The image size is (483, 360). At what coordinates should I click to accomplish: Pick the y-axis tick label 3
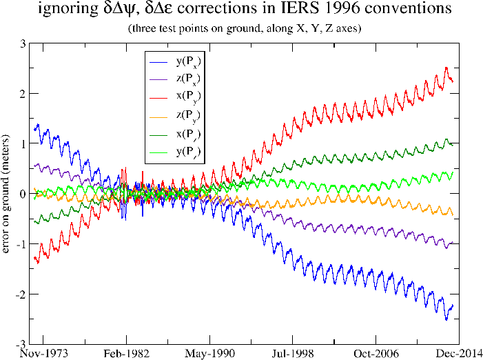(23, 43)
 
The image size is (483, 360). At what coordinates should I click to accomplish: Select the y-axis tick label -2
(21, 294)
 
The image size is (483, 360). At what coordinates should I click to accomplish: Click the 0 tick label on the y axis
(23, 194)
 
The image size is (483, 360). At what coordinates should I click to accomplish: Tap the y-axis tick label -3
(21, 343)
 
